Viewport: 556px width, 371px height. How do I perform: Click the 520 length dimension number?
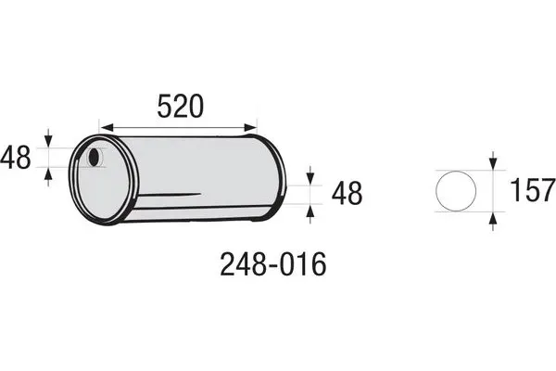click(x=181, y=106)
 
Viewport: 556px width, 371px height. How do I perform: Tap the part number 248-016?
click(x=272, y=264)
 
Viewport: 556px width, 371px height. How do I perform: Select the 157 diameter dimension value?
click(x=532, y=190)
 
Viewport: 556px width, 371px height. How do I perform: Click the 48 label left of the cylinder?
click(x=16, y=158)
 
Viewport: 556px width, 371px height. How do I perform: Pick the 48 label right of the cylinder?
click(x=347, y=194)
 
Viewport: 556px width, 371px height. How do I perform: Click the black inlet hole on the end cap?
click(x=94, y=158)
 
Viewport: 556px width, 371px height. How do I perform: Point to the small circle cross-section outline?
click(x=456, y=191)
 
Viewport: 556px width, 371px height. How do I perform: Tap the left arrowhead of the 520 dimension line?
click(x=107, y=127)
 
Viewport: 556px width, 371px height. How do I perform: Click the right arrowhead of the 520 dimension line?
click(x=250, y=127)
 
